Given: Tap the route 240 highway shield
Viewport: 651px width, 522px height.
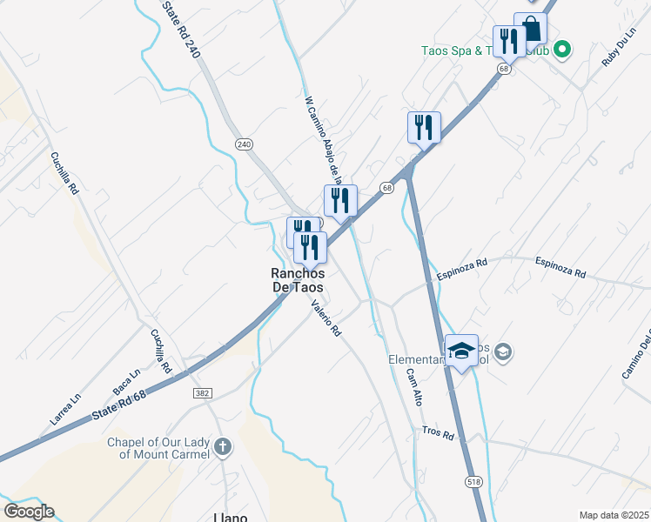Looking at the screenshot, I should tap(244, 144).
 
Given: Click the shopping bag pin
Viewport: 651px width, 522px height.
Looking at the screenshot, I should tap(530, 29).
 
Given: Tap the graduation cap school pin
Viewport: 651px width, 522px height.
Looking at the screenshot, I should tap(461, 351).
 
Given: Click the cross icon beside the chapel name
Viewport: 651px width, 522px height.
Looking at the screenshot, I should tap(224, 448).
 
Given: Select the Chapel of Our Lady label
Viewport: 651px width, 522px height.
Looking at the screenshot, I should tap(158, 448).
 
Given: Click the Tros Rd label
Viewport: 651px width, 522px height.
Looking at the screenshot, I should tap(438, 433).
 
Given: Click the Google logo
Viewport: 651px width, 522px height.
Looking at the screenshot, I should tap(29, 511).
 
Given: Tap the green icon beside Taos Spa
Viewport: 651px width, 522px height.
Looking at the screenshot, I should tap(562, 50).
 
